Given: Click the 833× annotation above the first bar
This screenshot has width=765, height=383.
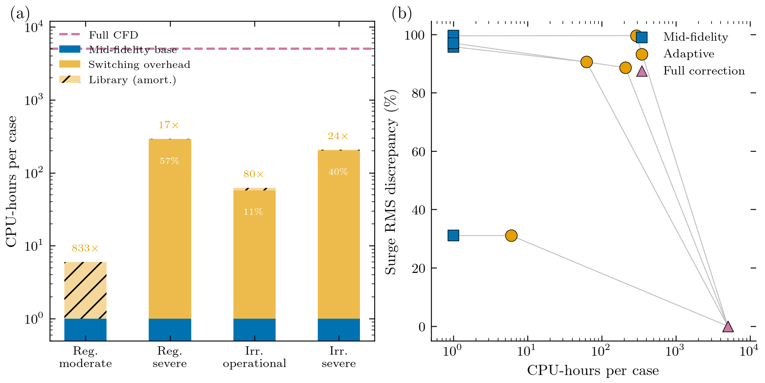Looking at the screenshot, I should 85,249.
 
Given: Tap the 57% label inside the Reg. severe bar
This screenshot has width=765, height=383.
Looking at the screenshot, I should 169,161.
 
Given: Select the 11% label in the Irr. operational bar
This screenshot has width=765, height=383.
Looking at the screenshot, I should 253,212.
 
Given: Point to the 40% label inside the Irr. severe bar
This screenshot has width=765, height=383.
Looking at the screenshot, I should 338,172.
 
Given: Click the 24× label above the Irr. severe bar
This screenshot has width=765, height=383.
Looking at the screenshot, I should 338,136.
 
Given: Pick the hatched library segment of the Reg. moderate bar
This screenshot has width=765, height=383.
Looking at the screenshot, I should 85,290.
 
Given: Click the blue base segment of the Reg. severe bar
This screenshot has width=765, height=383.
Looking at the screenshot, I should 170,330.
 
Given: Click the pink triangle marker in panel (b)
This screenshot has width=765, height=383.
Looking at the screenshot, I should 728,327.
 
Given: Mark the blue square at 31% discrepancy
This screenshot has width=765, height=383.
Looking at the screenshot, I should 453,235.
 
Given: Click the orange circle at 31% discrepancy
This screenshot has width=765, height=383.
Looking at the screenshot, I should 511,235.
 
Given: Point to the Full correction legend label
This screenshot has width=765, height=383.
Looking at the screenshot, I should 704,71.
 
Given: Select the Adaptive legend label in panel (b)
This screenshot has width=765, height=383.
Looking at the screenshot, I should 689,54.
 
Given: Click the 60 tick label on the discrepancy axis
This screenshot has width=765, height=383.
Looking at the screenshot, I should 418,152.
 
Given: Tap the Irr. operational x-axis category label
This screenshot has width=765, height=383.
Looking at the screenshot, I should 254,357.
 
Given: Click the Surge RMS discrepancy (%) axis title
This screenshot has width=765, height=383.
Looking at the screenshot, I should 391,182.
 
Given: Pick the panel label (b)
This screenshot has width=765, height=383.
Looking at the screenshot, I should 401,14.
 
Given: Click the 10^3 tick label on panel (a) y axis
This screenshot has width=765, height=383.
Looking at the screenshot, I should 34,100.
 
